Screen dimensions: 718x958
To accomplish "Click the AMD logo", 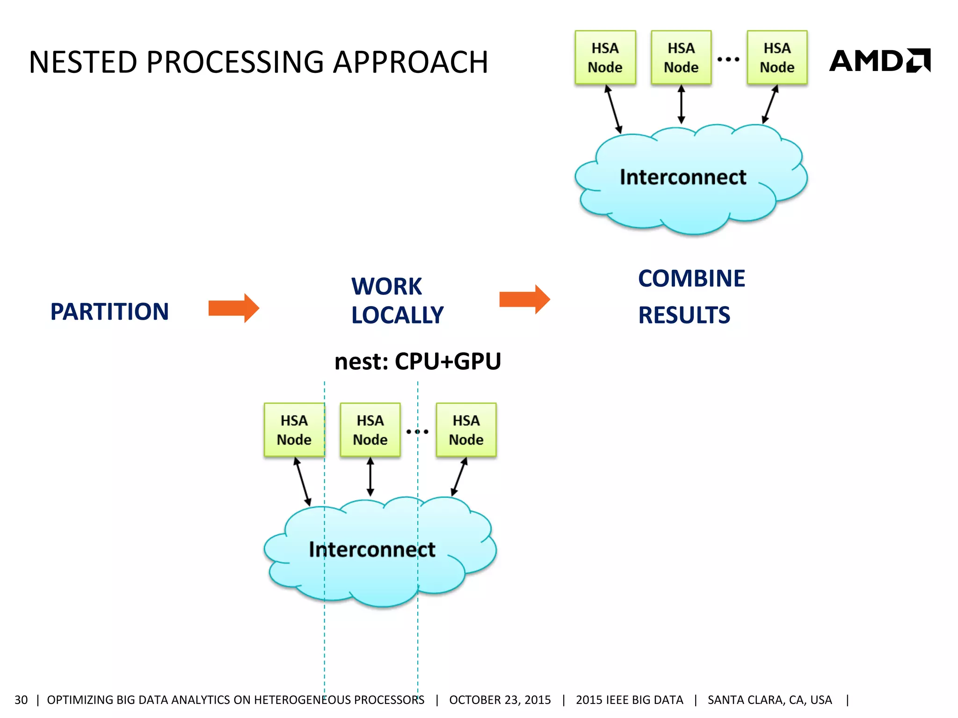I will tap(879, 61).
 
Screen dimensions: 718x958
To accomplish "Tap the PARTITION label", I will tap(109, 312).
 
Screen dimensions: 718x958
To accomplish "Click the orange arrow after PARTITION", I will tap(233, 308).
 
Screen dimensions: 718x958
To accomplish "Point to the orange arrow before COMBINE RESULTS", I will tap(524, 299).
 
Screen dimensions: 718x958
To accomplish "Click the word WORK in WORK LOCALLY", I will tap(386, 286).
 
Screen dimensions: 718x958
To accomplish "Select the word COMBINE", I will tap(691, 279).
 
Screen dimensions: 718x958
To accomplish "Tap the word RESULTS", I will tap(684, 315).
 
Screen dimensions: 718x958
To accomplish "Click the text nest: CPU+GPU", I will tap(417, 361).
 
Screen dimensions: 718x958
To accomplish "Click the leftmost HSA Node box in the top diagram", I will tap(605, 57).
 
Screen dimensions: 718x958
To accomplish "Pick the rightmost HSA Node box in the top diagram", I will tap(777, 57).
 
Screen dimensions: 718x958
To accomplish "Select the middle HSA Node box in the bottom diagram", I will tap(370, 430).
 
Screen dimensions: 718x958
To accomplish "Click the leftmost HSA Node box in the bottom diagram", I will tap(294, 430).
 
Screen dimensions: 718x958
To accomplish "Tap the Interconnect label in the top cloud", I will tap(683, 177).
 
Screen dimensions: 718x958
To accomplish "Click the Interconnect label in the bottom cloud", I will tap(372, 549).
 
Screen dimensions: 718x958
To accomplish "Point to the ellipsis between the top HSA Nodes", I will tap(728, 59).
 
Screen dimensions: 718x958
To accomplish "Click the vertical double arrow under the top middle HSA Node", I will tap(681, 104).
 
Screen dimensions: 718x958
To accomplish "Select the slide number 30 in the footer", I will tap(21, 700).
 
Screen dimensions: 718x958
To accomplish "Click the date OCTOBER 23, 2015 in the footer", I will tap(500, 700).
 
